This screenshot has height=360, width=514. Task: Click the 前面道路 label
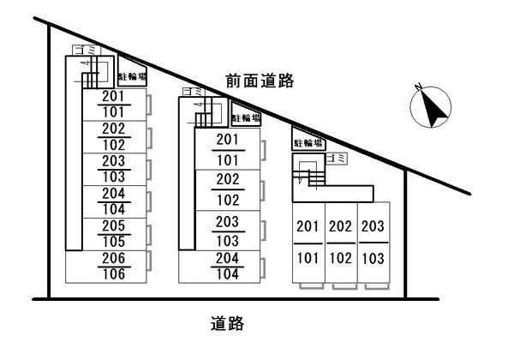pos(260,81)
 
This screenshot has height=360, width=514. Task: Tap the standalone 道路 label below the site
pos(228,324)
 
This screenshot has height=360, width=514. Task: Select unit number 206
pos(114,258)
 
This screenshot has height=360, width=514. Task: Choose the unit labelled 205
pos(114,225)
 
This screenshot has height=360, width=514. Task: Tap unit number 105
pos(114,241)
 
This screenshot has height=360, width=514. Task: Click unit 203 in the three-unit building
pos(372,227)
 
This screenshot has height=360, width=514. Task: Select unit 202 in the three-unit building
pos(340,227)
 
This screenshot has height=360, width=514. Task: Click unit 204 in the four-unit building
pos(227,258)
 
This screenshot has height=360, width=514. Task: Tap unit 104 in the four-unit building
pos(227,274)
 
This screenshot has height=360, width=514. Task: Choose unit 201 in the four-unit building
pos(227,140)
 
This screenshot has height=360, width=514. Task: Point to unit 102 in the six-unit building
pos(114,144)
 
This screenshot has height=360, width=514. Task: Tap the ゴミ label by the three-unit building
pos(338,159)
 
